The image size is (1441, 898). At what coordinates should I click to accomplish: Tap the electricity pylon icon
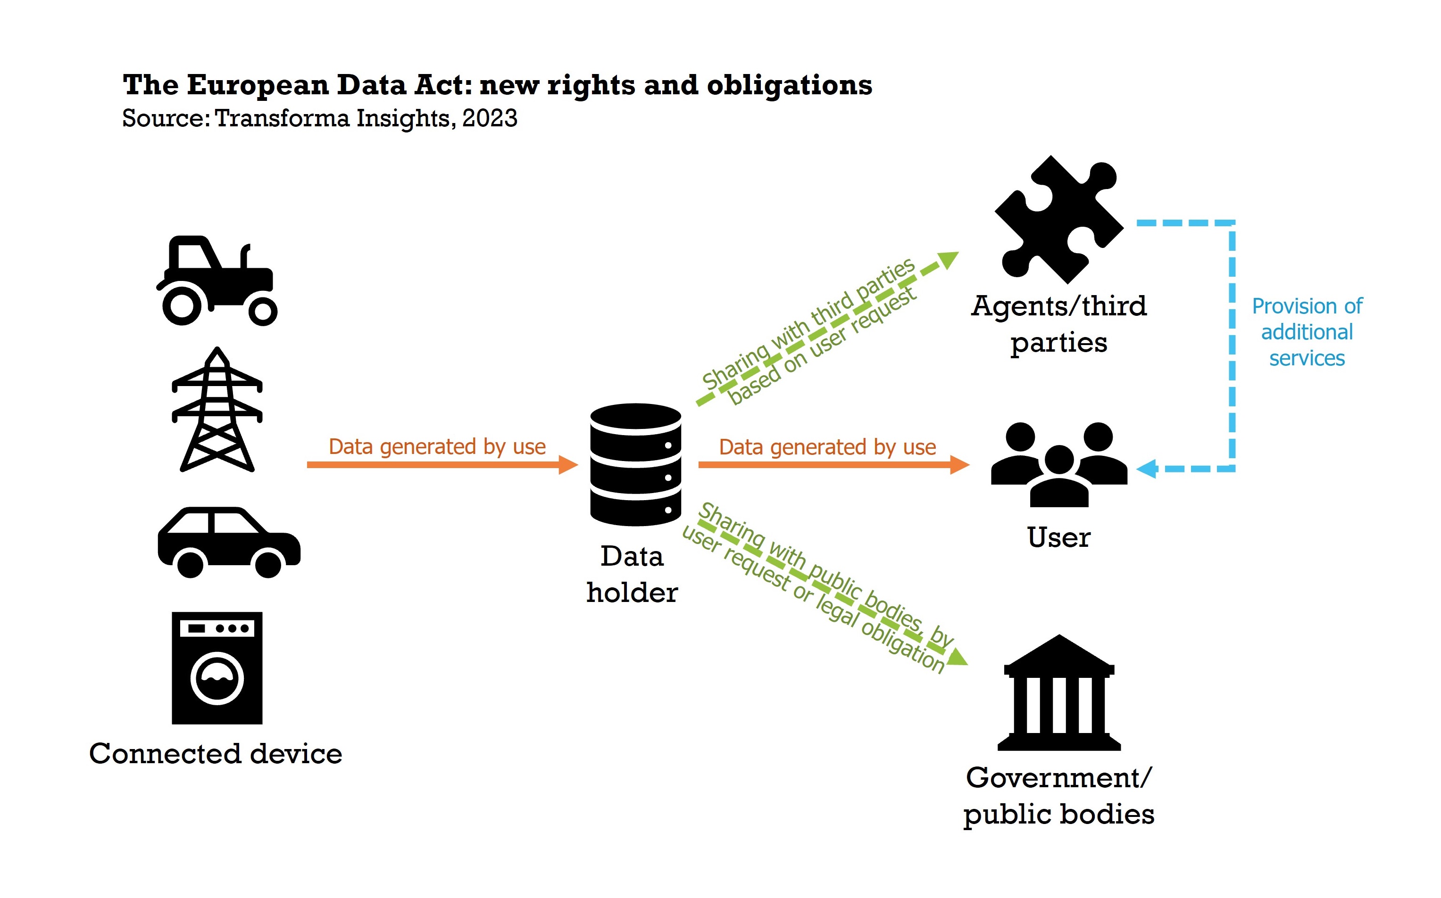[217, 410]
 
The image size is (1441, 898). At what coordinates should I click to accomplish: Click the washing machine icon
[217, 667]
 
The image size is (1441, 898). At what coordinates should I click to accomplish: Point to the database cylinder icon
[635, 464]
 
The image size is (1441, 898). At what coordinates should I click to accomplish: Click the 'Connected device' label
[216, 754]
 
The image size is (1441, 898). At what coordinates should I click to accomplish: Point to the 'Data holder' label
[632, 574]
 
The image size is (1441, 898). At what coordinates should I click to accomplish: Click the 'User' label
[1058, 537]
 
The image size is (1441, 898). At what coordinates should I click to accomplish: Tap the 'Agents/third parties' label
[1058, 324]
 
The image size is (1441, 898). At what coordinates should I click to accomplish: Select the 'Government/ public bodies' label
[1058, 795]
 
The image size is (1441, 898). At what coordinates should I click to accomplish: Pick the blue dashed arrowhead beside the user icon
[1147, 469]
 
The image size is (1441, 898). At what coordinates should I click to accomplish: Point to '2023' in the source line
[490, 118]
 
